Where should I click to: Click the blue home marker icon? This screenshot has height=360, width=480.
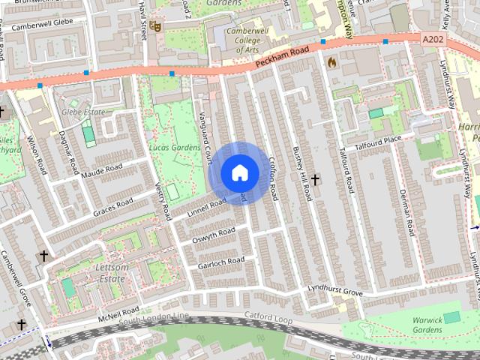pos(239,173)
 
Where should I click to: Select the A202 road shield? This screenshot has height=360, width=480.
pos(433,38)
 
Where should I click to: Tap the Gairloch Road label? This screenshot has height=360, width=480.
pos(220,262)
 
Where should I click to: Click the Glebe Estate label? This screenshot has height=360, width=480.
pos(82,112)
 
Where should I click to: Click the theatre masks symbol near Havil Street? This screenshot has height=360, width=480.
pos(155,26)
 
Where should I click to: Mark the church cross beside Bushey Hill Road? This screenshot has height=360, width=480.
pos(316,180)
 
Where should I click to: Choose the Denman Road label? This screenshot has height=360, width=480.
pos(406,212)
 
